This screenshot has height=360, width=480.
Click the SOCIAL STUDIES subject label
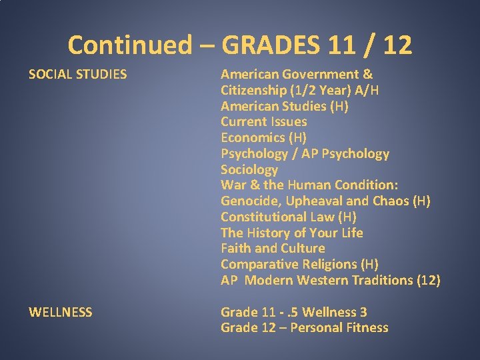(x=77, y=74)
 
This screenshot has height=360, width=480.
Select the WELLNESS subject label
(x=61, y=312)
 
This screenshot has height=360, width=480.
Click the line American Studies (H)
(x=285, y=106)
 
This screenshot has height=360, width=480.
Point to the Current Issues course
(x=264, y=122)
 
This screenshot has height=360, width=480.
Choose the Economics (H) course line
(x=264, y=138)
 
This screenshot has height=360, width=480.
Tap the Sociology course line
(x=249, y=169)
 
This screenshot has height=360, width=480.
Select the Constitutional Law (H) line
(x=289, y=217)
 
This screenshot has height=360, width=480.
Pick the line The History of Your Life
(x=292, y=233)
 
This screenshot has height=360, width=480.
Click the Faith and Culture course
(x=273, y=249)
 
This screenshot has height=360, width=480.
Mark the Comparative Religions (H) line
(x=299, y=265)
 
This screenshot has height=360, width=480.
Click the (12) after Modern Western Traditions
(x=427, y=281)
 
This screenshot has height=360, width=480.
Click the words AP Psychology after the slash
(x=350, y=154)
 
